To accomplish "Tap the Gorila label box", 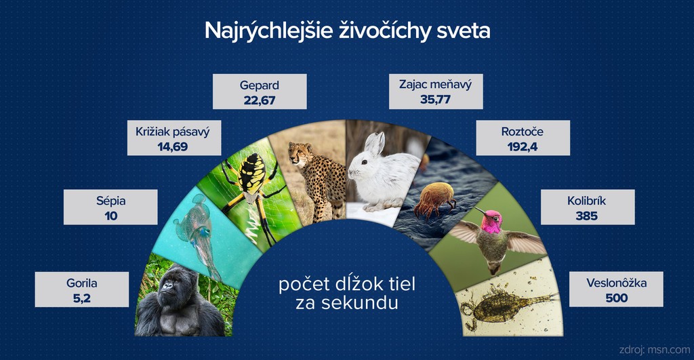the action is coord(82,289).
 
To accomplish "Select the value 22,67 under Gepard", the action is coord(260,100).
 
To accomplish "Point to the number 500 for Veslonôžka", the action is coord(616,298).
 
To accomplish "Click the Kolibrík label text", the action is coord(587,201).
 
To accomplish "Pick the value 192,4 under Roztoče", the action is coord(523,146).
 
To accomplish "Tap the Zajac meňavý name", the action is coord(436,84).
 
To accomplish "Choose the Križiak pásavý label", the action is coord(173,132).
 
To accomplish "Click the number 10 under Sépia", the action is coord(110,216).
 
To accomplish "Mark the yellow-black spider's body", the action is coord(252,177).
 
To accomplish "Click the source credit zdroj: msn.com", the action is coord(654,350).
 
